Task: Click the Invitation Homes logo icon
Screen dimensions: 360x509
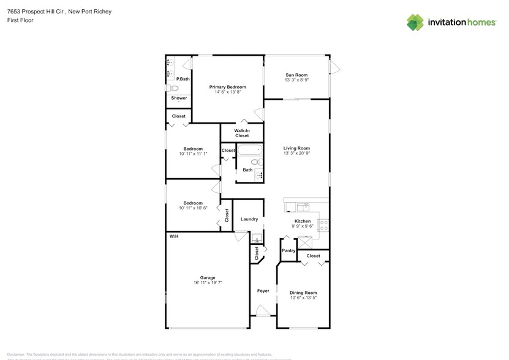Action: (415, 23)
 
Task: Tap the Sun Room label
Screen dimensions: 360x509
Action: (296, 75)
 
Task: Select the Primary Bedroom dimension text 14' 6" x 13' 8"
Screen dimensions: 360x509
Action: (227, 92)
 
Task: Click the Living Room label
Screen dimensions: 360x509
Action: (296, 148)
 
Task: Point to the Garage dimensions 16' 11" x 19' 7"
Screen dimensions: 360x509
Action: (208, 283)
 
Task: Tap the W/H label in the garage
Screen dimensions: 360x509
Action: (173, 236)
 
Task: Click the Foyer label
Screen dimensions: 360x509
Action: (263, 291)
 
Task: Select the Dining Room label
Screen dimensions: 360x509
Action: (303, 293)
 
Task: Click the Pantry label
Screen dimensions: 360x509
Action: (288, 251)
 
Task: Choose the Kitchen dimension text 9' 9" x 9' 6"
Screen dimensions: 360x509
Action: (303, 226)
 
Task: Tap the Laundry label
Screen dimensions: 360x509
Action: (249, 219)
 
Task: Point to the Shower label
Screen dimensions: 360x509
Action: (179, 98)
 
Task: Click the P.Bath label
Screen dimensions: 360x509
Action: (183, 79)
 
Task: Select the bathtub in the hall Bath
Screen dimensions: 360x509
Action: (250, 149)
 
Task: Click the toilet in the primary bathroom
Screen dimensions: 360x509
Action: (170, 88)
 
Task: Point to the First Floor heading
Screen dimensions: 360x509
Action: (20, 20)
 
